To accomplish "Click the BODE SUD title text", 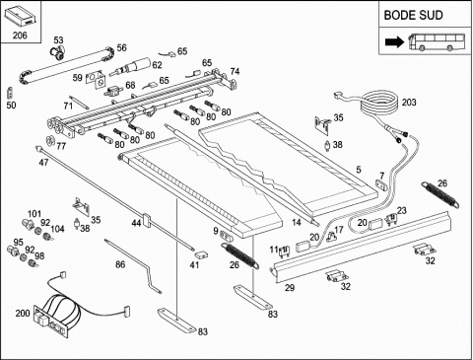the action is (x=413, y=15).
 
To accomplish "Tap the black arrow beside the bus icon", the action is (x=395, y=41).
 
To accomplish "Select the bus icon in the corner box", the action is (x=437, y=41).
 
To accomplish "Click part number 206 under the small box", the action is (x=20, y=36).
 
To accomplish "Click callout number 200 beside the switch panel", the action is (x=23, y=313).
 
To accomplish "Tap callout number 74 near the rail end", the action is (x=235, y=71).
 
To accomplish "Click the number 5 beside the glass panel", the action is (x=359, y=170).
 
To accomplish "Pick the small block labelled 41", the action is (x=201, y=254).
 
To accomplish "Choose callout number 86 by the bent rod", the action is (x=120, y=264).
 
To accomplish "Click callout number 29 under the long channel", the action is (x=290, y=288).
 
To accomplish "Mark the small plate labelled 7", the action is (x=381, y=184).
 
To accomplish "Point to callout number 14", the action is (x=297, y=223).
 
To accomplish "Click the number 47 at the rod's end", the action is (x=43, y=162).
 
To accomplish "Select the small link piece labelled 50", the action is (x=10, y=93).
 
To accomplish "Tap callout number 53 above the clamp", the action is (x=58, y=40).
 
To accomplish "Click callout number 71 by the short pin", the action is (x=68, y=106).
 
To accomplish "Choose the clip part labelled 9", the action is (x=226, y=235).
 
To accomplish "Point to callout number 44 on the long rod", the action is (x=136, y=223).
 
